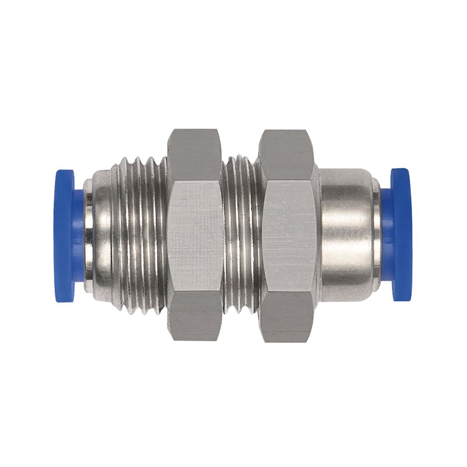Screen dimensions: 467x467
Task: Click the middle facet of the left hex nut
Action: tap(195, 236)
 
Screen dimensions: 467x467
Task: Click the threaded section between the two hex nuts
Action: tap(241, 236)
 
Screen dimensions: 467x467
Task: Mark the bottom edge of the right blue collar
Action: tap(402, 297)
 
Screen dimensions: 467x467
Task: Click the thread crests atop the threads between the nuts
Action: tap(241, 161)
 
